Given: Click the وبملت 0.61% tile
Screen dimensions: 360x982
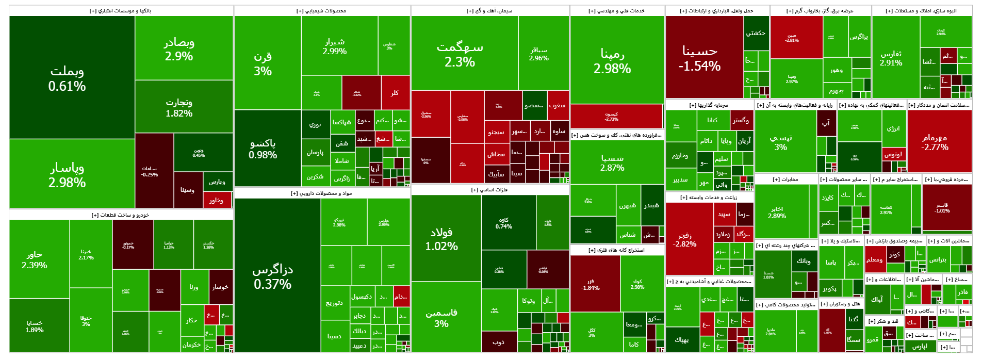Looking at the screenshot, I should tap(67, 78).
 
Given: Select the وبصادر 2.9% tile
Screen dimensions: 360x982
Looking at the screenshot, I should tap(179, 49).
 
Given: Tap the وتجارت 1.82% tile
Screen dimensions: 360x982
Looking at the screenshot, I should tap(179, 107).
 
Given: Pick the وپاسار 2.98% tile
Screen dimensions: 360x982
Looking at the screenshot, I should tap(67, 175).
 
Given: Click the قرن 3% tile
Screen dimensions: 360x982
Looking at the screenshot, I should tap(263, 64).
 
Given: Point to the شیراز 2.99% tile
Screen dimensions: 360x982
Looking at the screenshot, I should tap(335, 46).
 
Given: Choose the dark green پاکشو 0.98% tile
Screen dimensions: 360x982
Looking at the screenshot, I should tap(263, 149).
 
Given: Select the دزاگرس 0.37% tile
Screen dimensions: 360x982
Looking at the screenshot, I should tap(273, 276).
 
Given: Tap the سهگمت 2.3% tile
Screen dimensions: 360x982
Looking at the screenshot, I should tap(460, 54).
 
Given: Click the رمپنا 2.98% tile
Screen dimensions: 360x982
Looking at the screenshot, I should tap(612, 61).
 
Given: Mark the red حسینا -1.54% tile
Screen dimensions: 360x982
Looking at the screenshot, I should tap(700, 58).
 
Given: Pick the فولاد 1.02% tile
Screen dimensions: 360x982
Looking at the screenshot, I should tap(441, 239).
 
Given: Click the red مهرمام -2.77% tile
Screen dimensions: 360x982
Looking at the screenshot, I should tap(935, 142).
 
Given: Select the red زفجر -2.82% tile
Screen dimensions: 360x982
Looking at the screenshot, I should tap(685, 239).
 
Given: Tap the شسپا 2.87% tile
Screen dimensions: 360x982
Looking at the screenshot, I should tap(612, 162).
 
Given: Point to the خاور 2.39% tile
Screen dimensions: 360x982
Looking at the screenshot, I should tap(35, 259).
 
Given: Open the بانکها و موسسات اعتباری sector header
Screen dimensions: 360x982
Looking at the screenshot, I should tap(121, 11).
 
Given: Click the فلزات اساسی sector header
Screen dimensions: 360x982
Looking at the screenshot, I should tap(490, 190).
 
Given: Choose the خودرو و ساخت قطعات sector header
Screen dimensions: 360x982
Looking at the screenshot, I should tap(121, 215).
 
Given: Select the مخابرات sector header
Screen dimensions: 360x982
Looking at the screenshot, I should tap(785, 179).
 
